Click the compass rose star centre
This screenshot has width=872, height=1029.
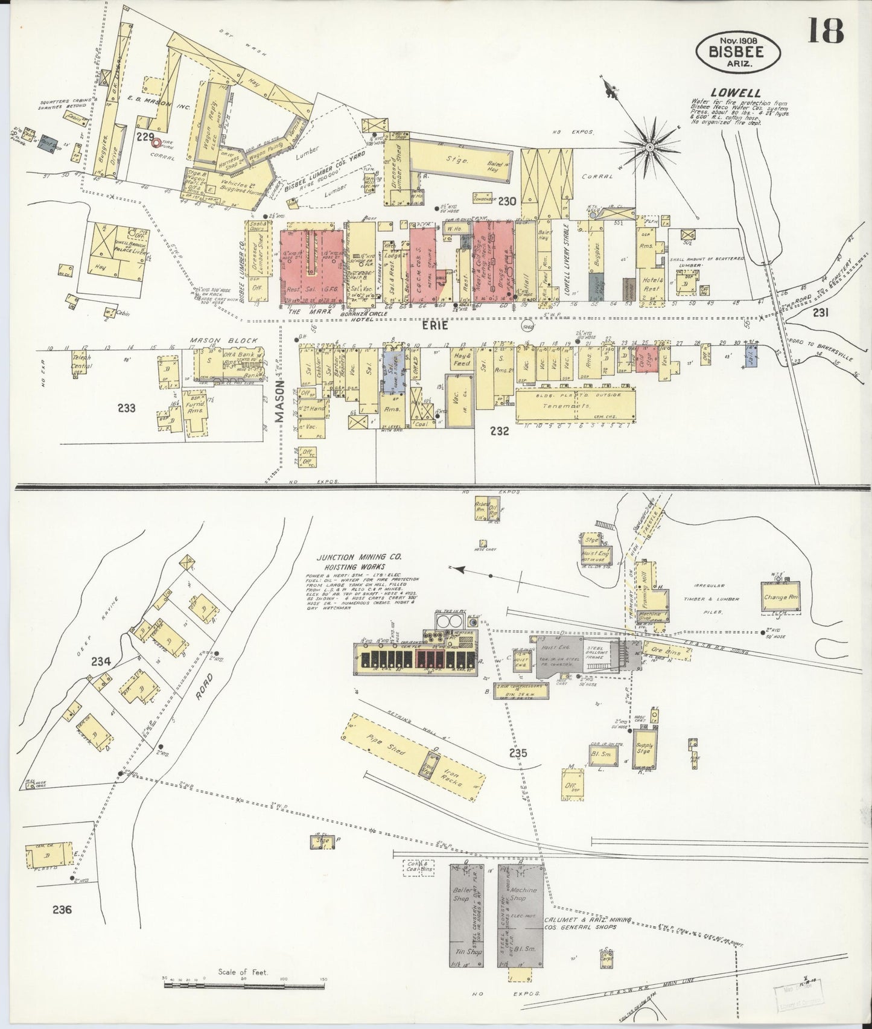coord(651,147)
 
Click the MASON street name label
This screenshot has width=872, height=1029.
coord(279,405)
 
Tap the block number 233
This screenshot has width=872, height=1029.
coord(127,408)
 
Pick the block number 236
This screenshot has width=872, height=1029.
coord(62,910)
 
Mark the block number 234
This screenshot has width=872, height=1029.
coord(101,661)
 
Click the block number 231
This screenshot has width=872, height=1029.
coord(820,312)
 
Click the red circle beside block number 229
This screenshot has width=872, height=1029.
coord(157,143)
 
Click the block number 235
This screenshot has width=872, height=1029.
coord(518,753)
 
